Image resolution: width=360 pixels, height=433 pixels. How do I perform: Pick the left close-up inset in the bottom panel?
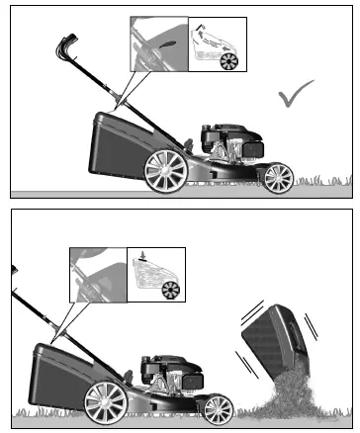pyautogui.click(x=99, y=274)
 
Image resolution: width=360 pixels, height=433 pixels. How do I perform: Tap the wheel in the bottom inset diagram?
pyautogui.click(x=171, y=290)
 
